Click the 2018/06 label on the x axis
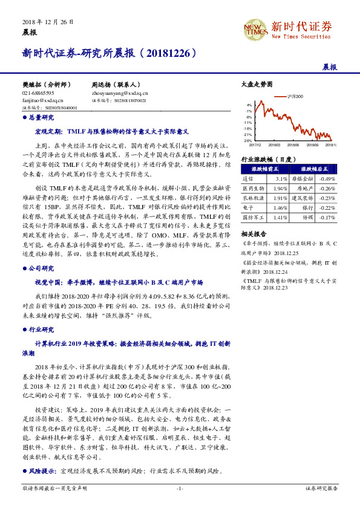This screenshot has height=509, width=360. pos(293,144)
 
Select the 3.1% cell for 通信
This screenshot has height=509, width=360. pos(281,180)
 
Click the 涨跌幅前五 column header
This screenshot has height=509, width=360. pos(264,170)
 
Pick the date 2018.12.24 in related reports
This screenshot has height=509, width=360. pos(263,272)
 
